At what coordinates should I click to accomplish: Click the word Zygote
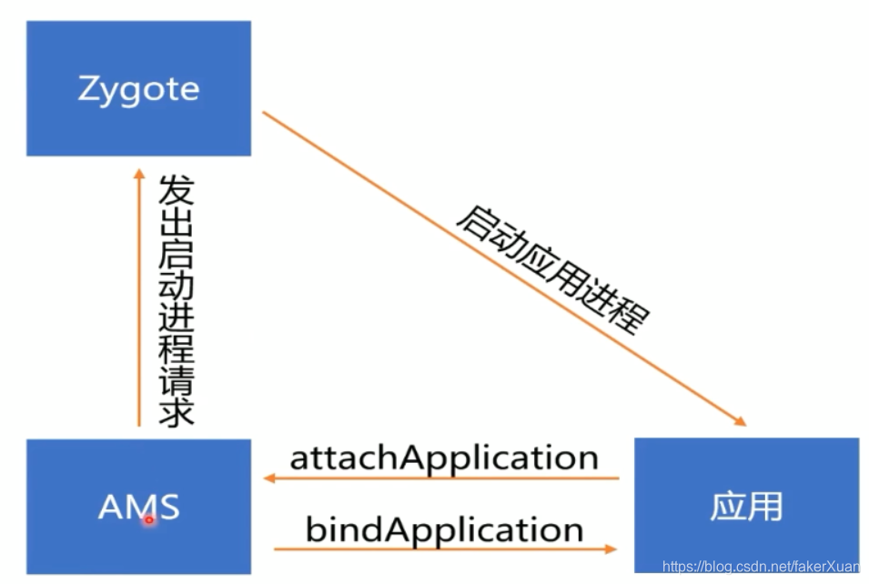(138, 89)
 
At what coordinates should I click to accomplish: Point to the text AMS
(138, 507)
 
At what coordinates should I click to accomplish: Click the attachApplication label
(444, 457)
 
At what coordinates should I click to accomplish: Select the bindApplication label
(444, 529)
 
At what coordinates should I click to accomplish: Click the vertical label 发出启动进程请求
(176, 300)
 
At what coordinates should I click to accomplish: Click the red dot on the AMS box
(149, 519)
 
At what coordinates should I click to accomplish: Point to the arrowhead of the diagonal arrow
(740, 421)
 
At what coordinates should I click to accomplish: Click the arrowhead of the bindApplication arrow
(611, 549)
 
